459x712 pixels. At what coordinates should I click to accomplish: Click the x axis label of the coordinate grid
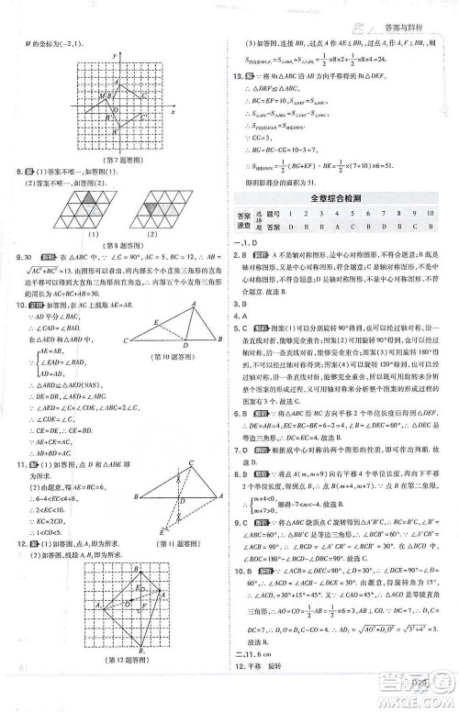point(172,108)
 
